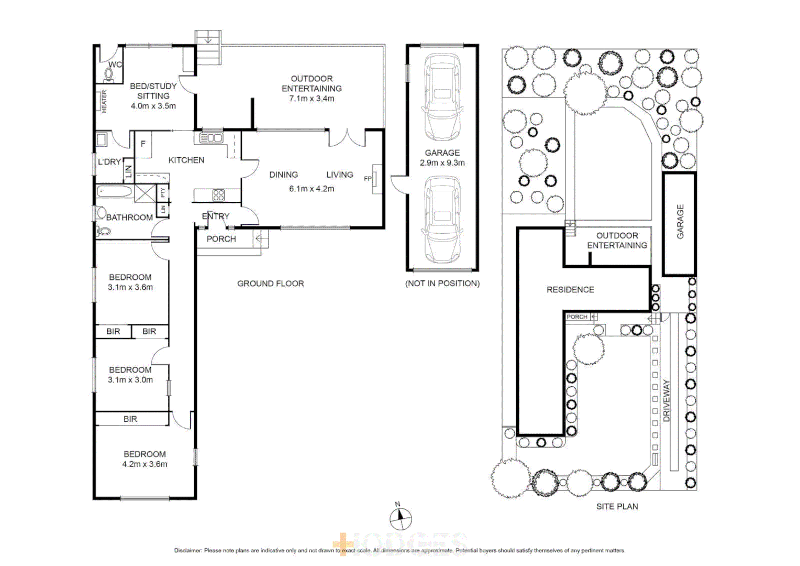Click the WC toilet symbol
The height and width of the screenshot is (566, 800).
(x=109, y=75)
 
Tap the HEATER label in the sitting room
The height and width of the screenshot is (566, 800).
(x=104, y=101)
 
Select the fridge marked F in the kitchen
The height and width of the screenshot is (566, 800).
(x=143, y=144)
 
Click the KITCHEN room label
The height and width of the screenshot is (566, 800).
(x=186, y=160)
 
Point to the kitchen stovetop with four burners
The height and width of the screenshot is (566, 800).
(x=218, y=195)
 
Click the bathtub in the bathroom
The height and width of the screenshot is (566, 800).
(x=115, y=191)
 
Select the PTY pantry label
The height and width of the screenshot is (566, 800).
(x=163, y=192)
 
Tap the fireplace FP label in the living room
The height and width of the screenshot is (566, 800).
(x=368, y=179)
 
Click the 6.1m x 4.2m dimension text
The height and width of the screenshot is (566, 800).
(x=312, y=189)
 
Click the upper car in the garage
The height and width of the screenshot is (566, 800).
(x=442, y=97)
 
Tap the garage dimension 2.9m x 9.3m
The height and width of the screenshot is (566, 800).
(x=442, y=162)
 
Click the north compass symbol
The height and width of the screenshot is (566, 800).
(x=401, y=518)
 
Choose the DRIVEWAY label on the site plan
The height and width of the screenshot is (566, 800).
(x=666, y=401)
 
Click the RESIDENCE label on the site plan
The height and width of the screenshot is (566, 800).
(x=570, y=289)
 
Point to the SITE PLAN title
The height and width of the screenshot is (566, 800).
(x=617, y=506)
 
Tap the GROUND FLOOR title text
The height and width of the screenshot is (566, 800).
(x=270, y=284)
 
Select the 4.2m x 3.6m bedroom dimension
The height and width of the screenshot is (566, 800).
(x=145, y=464)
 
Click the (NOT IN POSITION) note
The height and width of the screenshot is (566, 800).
(x=442, y=284)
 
